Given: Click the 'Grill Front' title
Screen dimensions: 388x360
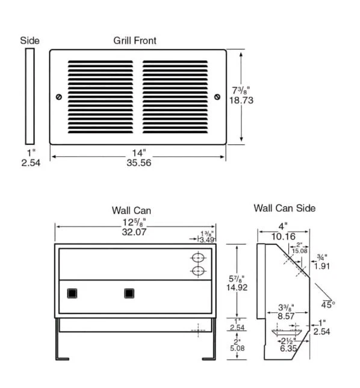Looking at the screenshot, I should [x=135, y=41].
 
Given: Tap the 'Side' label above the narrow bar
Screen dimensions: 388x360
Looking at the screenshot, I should [x=29, y=41].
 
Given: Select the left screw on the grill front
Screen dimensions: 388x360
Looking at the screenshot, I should [x=58, y=96].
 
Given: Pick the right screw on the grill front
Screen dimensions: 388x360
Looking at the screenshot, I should [x=217, y=96].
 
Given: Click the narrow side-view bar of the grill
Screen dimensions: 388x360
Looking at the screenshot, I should [x=29, y=96].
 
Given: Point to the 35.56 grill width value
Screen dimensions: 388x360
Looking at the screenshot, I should [x=138, y=162].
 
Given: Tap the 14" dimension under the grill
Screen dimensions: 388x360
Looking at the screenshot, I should [x=138, y=152].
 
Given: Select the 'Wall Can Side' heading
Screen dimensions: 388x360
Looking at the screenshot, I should [x=284, y=208].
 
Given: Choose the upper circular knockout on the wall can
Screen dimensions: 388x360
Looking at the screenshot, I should [x=198, y=257].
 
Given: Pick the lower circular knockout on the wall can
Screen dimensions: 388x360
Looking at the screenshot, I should [x=198, y=271].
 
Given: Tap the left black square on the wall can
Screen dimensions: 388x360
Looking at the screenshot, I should [x=72, y=294].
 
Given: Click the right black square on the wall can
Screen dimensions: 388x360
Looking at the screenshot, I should [x=129, y=294].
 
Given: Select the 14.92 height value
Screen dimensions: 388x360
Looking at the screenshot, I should [x=237, y=287].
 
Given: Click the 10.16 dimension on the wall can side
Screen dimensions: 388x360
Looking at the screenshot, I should [x=283, y=236].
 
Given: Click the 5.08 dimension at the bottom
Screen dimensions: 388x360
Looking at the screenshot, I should [x=237, y=347].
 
